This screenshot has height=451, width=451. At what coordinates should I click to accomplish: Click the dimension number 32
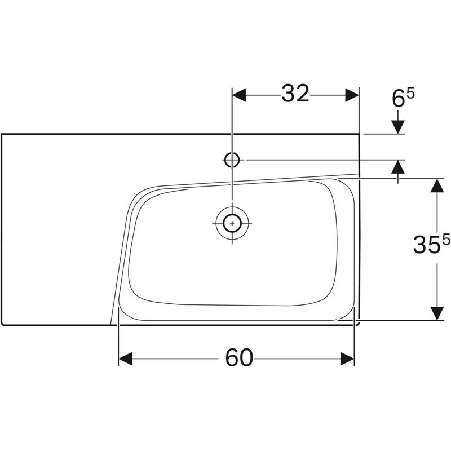coord(295,94)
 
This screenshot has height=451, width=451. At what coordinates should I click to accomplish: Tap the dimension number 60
coord(239,358)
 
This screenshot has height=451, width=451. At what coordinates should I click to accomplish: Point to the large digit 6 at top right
coord(399,99)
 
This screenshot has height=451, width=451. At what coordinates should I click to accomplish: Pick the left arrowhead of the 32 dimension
coord(239,95)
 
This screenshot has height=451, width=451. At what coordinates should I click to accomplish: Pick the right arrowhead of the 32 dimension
coord(352,95)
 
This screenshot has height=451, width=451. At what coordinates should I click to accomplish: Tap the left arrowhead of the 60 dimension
coord(125,359)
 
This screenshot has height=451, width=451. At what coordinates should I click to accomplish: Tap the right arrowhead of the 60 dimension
coord(347,359)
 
